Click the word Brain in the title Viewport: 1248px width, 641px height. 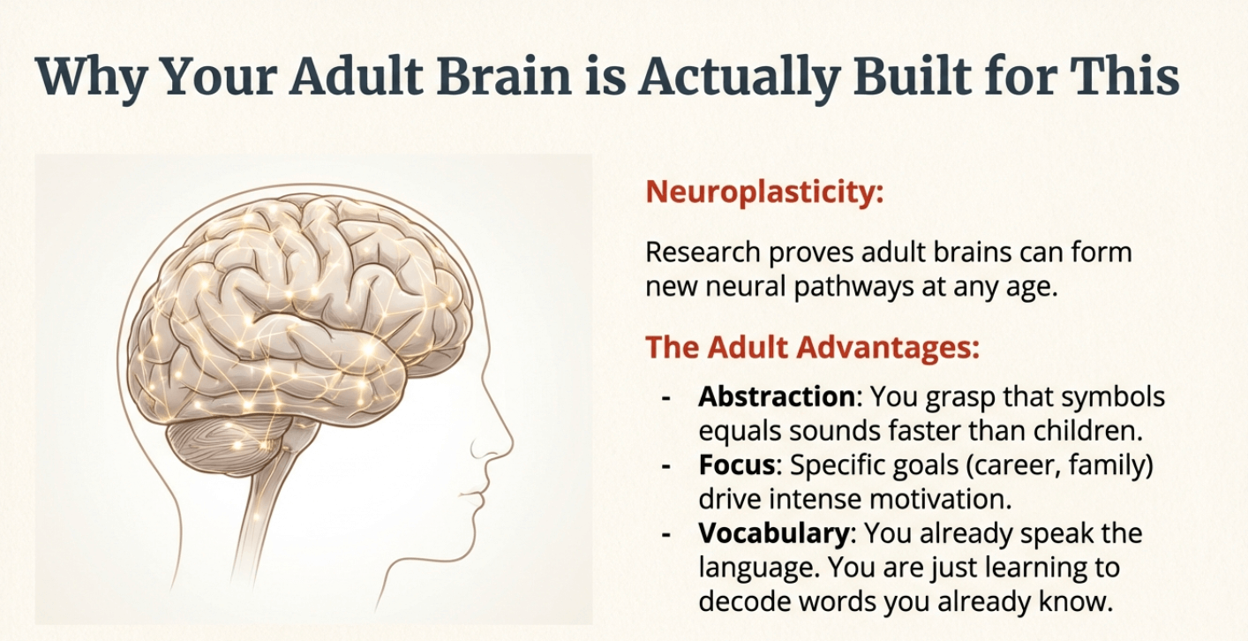(x=505, y=76)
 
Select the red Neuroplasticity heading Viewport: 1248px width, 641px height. (x=764, y=192)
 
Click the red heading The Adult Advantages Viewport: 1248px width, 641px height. (x=812, y=348)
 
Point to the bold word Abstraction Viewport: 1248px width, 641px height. (x=777, y=396)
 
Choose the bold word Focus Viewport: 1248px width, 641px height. (x=737, y=465)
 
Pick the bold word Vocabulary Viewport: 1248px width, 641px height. (x=773, y=534)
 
